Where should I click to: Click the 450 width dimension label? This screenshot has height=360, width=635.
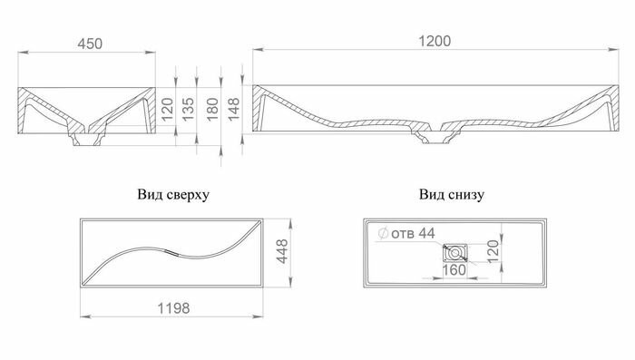(90, 44)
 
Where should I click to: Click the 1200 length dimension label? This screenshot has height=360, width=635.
(435, 41)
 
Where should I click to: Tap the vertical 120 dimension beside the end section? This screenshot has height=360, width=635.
(167, 110)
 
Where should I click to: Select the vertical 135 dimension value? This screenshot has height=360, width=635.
(188, 110)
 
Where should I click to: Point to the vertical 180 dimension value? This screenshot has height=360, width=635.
(212, 110)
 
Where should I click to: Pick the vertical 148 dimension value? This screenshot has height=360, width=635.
(234, 110)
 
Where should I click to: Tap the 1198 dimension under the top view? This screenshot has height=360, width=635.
(173, 308)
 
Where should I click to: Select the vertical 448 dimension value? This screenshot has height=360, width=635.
(282, 251)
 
